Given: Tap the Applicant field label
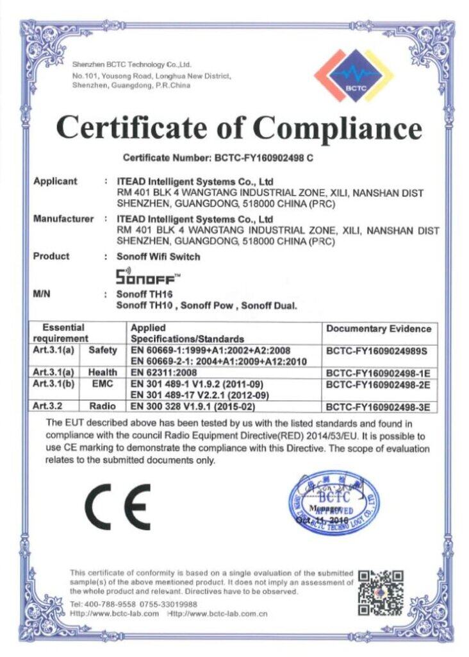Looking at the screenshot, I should [x=55, y=181].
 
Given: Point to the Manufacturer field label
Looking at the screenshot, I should [x=63, y=219].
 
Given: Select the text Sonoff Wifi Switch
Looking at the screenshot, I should [x=158, y=257].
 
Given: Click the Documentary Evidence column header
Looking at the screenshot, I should [x=379, y=328].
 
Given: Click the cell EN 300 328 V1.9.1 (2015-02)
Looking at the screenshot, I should [x=193, y=406].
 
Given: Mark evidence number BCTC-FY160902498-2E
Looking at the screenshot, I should [x=377, y=384].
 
